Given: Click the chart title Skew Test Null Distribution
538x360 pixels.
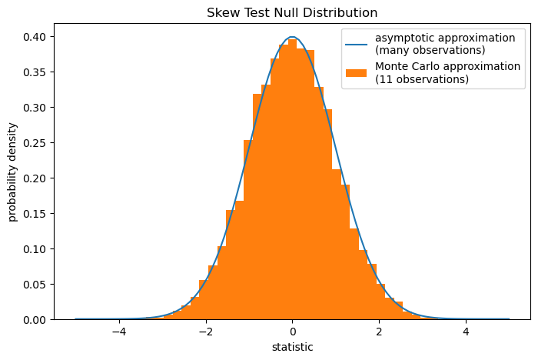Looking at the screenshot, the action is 292,13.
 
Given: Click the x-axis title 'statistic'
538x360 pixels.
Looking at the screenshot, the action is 292,347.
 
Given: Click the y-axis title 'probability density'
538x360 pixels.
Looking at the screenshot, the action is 12,172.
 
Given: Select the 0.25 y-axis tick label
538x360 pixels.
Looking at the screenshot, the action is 35,143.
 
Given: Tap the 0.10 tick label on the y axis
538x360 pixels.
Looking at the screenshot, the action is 35,249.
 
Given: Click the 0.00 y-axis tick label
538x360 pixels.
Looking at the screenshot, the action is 35,320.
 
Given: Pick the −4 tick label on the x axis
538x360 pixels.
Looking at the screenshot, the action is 119,332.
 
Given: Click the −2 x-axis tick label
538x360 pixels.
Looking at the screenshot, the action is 206,332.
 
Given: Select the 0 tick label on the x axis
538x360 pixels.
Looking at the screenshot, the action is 292,332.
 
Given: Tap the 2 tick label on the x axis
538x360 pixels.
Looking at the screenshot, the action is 379,332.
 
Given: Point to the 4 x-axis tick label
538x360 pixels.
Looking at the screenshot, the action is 466,332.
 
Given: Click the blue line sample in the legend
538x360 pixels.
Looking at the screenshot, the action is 356,45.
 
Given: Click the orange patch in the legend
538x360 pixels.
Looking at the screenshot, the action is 356,73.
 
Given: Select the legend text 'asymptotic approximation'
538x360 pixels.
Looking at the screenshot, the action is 445,38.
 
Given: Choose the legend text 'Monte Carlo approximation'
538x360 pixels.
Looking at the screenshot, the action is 448,66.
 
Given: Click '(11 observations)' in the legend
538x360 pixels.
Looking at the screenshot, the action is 422,79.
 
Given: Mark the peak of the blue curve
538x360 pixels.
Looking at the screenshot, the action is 292,37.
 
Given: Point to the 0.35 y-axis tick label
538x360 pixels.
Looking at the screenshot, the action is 35,72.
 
